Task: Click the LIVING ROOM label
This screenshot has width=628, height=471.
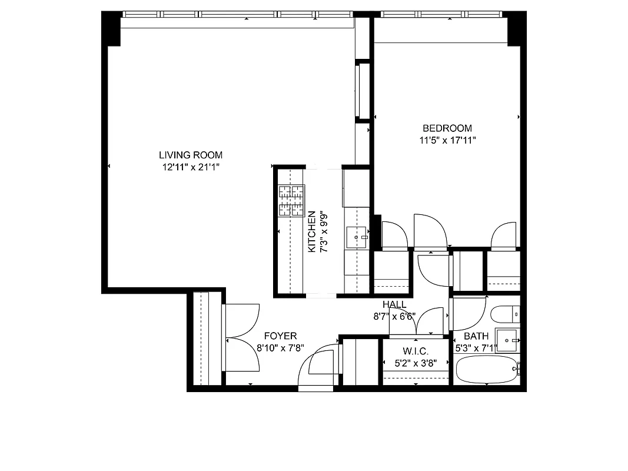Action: tap(191, 155)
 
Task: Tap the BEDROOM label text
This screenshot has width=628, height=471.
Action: tap(447, 128)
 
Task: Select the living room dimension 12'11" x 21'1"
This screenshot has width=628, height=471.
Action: tap(191, 167)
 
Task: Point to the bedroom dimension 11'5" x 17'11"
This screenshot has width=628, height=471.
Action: tap(447, 140)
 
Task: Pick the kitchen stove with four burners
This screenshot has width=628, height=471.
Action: tap(291, 201)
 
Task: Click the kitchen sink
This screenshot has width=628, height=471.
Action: tap(356, 237)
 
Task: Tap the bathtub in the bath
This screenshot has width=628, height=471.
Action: tap(486, 369)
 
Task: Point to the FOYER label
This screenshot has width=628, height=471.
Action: tap(280, 336)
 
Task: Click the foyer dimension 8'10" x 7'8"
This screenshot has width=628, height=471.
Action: tap(280, 347)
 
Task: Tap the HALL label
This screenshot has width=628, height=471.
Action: tap(394, 304)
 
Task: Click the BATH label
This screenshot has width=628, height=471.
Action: tap(476, 336)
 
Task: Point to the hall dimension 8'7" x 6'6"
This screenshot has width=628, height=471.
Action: tap(394, 316)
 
